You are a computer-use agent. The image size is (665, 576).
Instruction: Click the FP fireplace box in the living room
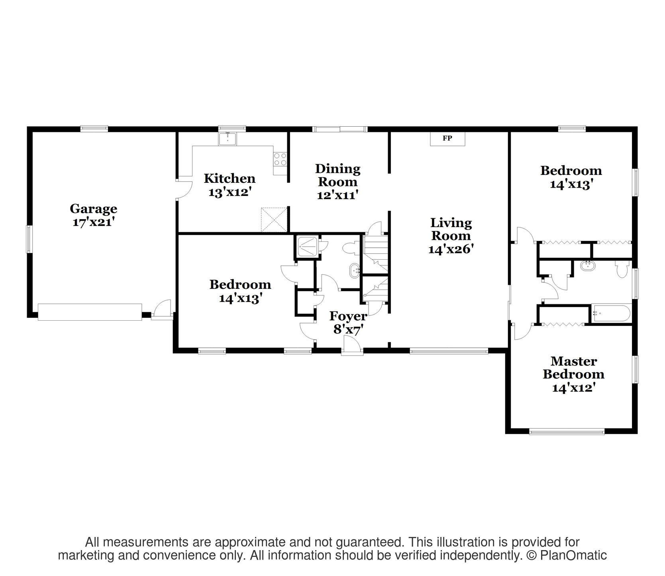(447, 139)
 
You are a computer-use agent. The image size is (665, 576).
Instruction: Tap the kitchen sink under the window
(228, 139)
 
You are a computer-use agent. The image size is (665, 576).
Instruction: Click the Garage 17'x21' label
(93, 215)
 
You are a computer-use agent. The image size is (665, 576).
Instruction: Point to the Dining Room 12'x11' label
(337, 182)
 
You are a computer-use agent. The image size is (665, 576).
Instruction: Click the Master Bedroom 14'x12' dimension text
(573, 388)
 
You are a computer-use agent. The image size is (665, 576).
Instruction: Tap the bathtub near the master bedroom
(611, 313)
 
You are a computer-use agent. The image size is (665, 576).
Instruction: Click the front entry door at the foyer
(352, 345)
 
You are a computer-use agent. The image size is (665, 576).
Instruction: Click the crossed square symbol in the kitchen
(274, 219)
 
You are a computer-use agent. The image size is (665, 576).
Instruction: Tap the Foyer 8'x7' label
(348, 323)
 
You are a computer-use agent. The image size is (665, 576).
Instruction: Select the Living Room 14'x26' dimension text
(451, 249)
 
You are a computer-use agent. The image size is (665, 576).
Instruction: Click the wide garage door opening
(90, 312)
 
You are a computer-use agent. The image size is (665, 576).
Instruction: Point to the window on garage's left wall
(29, 239)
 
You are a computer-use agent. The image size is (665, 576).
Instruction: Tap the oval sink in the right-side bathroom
(586, 266)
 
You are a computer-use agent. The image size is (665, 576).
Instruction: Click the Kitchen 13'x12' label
(230, 185)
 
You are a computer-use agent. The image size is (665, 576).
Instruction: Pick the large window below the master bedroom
(567, 431)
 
